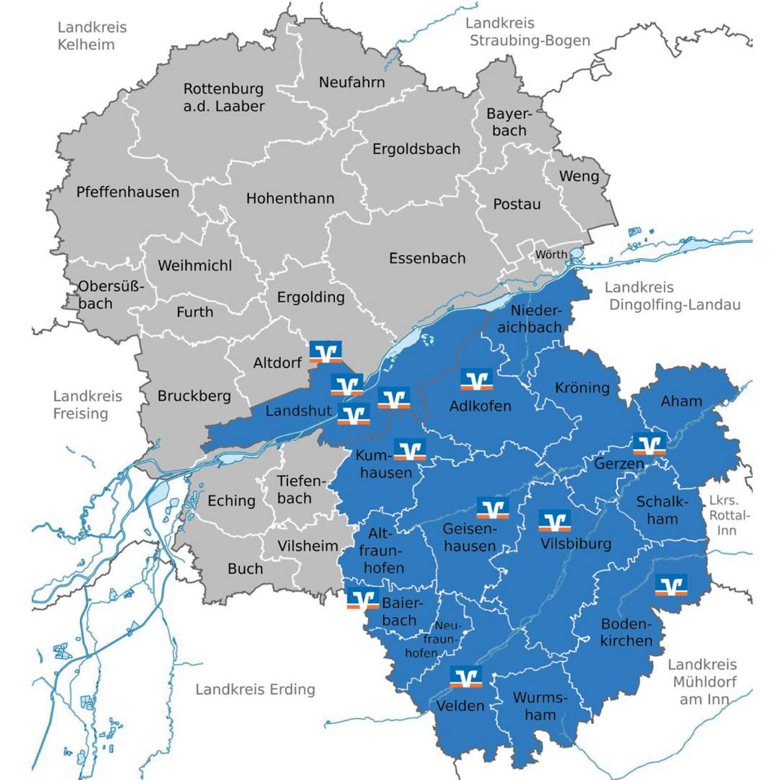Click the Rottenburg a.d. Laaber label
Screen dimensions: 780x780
224,97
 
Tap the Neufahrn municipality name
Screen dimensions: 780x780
352,82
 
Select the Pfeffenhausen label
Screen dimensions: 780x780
127,192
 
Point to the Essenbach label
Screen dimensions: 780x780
427,258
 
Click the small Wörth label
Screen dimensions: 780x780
551,255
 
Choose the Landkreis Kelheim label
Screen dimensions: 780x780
92,36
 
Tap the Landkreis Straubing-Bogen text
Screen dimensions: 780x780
528,32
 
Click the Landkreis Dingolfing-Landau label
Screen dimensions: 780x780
674,296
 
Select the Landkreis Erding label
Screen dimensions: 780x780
255,690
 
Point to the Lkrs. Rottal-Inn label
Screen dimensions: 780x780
729,516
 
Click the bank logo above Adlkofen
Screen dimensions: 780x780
477,380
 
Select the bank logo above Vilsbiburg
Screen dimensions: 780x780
555,521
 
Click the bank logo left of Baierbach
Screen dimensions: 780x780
363,599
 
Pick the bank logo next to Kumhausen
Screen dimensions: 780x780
409,450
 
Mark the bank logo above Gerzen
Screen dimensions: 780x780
649,444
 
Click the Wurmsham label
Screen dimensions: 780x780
540,706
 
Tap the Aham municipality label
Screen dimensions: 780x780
681,401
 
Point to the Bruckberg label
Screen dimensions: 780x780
194,396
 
